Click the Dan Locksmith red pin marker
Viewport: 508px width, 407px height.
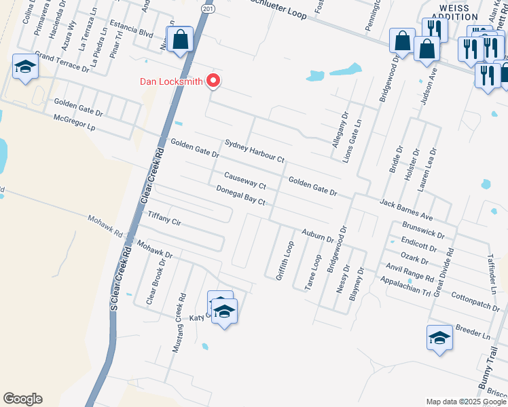(214, 81)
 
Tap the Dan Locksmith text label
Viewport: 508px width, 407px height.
(171, 81)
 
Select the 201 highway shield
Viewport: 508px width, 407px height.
(208, 10)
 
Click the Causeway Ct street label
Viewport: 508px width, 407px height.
(244, 180)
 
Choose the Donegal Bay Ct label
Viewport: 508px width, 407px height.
(240, 196)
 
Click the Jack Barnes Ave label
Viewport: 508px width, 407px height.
(406, 209)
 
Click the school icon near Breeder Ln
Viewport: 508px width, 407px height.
(439, 338)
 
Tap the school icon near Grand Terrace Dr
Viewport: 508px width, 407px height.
(25, 66)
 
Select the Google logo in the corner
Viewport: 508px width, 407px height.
(22, 399)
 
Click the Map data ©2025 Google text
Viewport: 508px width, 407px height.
(466, 402)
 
